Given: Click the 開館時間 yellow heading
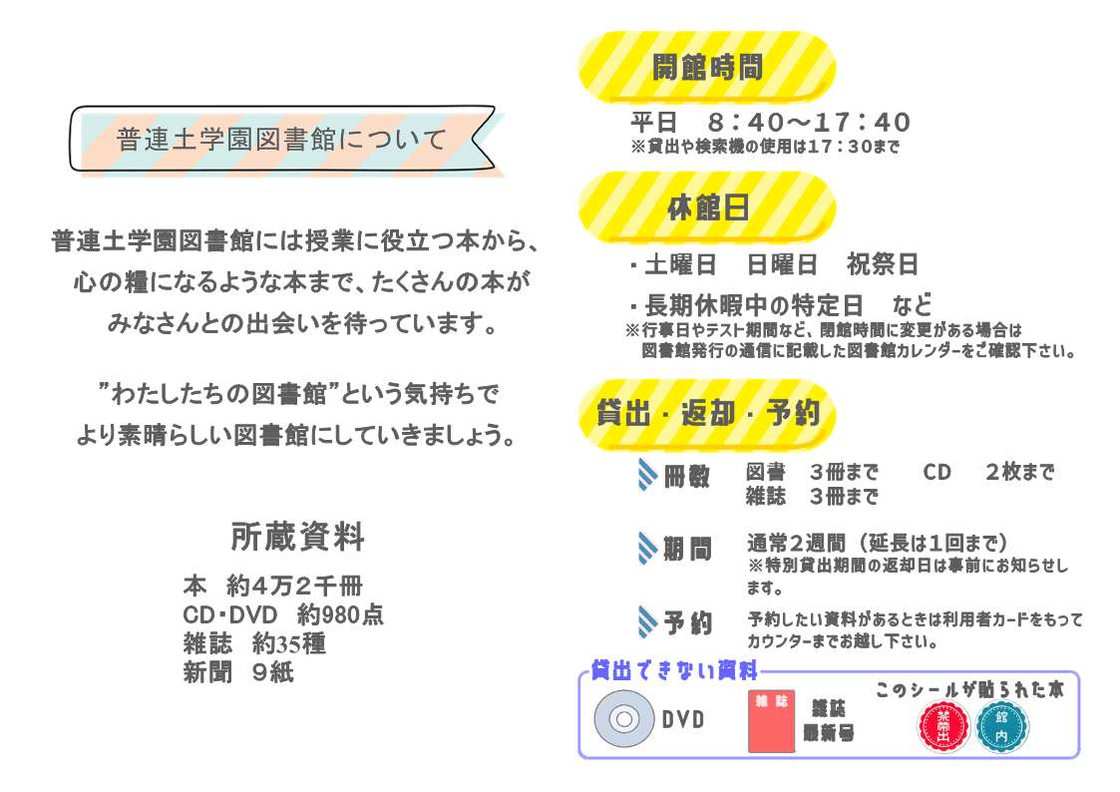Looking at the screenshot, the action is [x=706, y=67].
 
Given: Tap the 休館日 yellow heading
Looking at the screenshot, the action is [x=706, y=207].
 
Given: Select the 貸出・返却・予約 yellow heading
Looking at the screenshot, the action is [x=706, y=414].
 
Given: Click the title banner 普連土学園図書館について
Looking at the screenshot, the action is [x=283, y=140].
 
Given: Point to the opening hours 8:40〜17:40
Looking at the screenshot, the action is [x=809, y=122].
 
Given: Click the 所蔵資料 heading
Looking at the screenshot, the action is [x=297, y=537].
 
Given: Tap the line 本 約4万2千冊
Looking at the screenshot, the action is [x=273, y=586].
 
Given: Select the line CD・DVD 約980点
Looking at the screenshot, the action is [x=283, y=614].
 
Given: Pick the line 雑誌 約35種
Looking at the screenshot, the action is [x=254, y=643].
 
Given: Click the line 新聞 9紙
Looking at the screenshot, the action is [x=238, y=672].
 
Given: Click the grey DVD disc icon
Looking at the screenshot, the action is [x=623, y=718].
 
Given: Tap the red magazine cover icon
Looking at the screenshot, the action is [x=771, y=721].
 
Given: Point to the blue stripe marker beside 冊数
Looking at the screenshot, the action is [x=647, y=474].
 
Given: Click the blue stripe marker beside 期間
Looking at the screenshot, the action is [x=647, y=549].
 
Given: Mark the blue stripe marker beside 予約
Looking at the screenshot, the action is [x=647, y=621].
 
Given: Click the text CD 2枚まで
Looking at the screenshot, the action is [x=988, y=472].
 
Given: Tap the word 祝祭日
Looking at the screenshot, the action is [x=883, y=265].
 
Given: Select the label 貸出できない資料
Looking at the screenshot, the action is [x=673, y=670].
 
